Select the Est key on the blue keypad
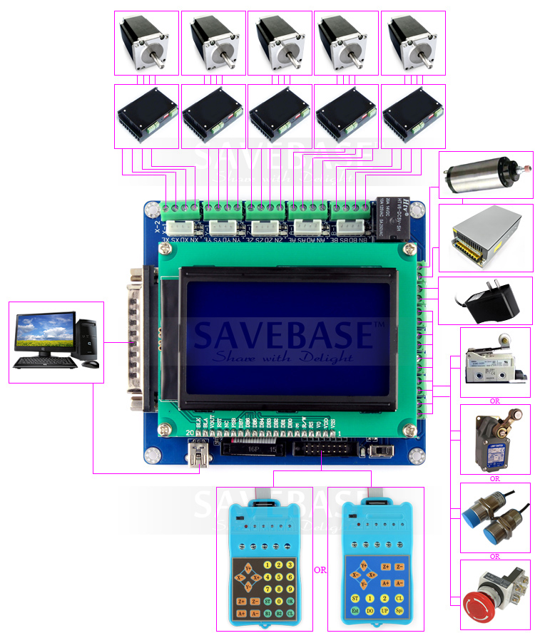(355, 612)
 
